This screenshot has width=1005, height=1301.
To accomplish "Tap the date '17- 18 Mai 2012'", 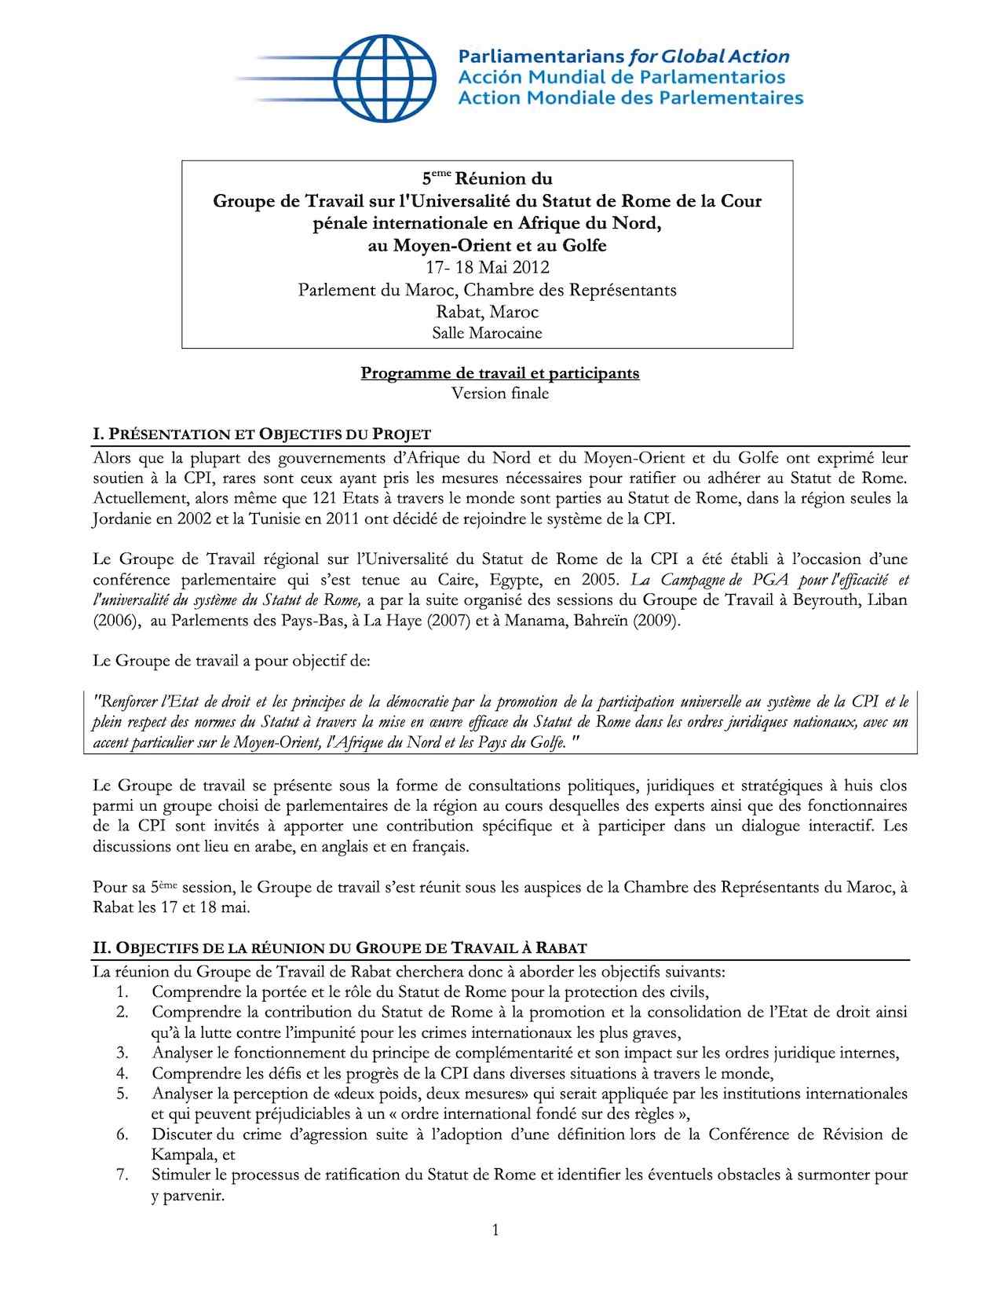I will pos(487,268).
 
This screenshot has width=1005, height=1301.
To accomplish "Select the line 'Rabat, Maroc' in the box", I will pos(487,312).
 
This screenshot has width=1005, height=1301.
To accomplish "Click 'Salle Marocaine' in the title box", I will pos(487,333).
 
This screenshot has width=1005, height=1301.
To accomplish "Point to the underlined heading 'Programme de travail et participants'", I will pos(500,372).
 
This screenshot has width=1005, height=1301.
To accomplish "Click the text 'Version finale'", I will pos(500,393).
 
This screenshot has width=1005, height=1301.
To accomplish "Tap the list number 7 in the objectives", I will pos(122,1175).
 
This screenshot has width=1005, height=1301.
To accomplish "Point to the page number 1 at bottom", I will pos(495,1229).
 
